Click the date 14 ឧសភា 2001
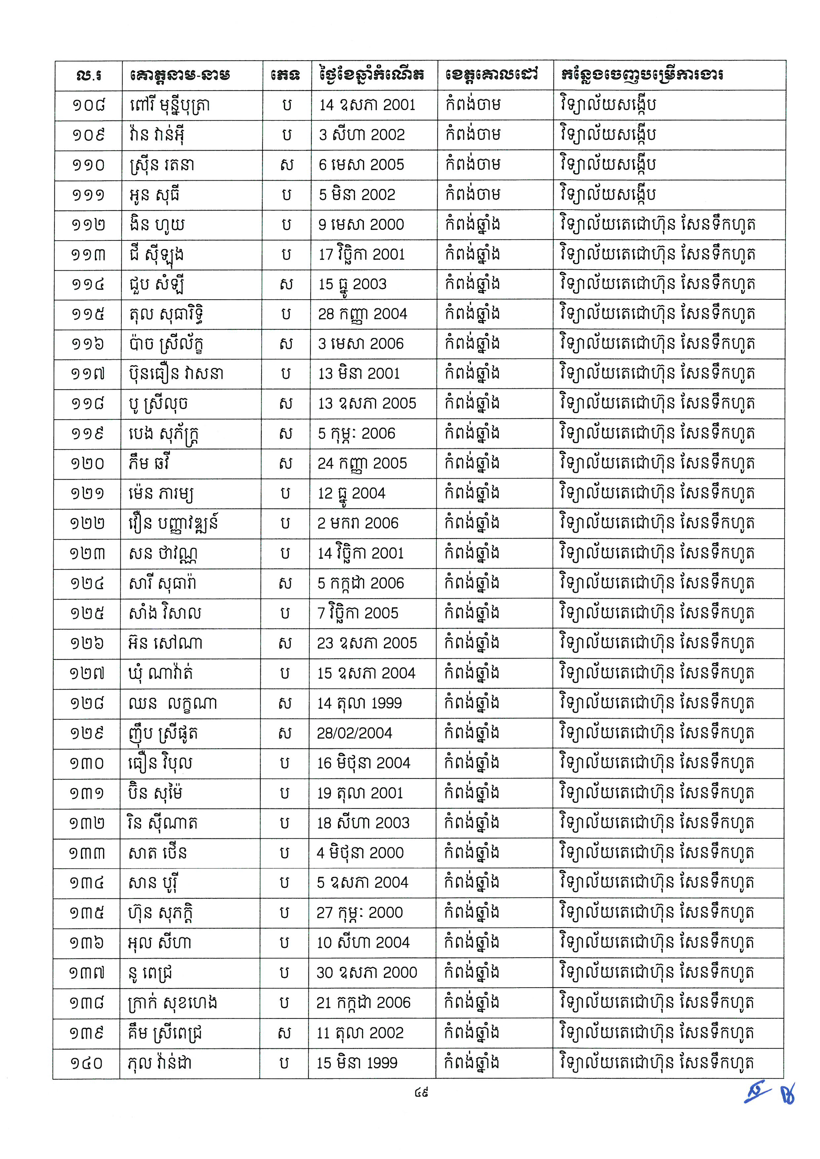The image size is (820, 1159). tap(367, 105)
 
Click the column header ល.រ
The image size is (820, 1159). tap(88, 75)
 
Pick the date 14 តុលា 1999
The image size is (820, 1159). tap(359, 703)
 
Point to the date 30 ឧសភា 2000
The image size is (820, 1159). tap(367, 973)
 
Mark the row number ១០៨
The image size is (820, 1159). tap(88, 105)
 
